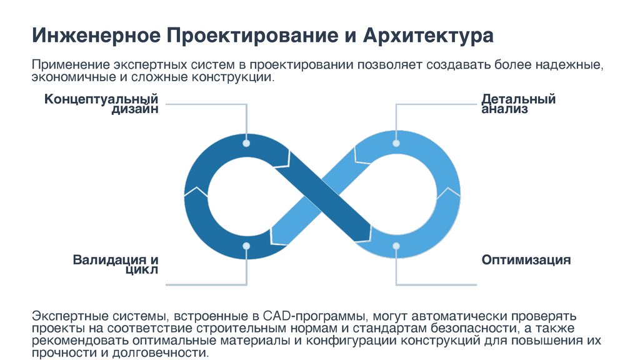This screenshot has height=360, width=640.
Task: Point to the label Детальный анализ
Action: [x=518, y=104]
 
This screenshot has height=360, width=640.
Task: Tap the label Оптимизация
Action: [x=526, y=259]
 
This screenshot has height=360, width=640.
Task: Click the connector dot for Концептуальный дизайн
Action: [x=246, y=143]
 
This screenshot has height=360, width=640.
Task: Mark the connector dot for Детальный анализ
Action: [x=396, y=143]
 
